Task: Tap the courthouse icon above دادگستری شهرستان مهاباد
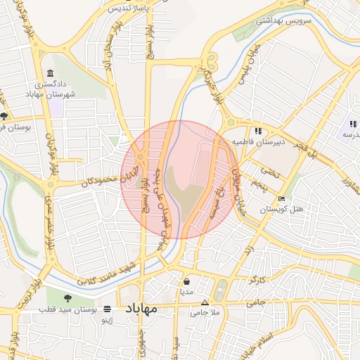click(50, 74)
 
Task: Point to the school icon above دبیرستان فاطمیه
click(258, 130)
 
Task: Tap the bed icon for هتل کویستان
click(282, 198)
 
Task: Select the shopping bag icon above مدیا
click(186, 280)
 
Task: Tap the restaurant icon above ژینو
click(107, 309)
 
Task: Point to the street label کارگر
click(258, 281)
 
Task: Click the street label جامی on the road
click(255, 304)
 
